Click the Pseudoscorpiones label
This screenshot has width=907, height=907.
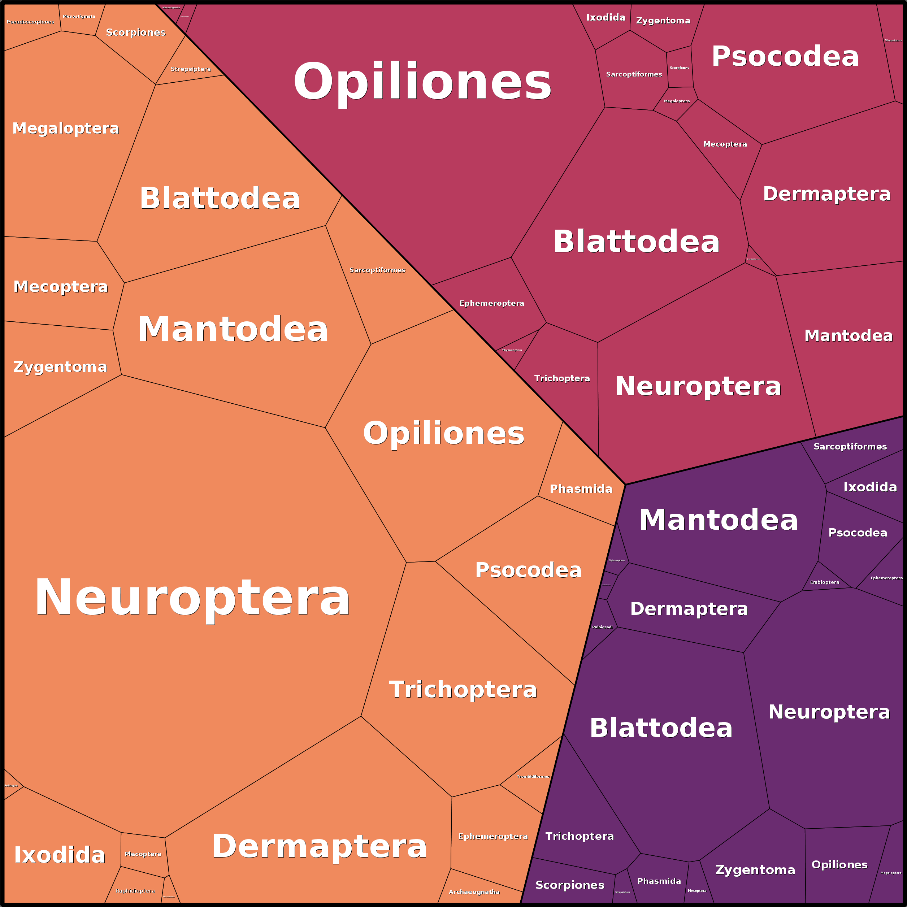[x=31, y=22]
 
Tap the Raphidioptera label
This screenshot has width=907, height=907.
[x=135, y=890]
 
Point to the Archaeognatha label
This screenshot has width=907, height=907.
[x=474, y=892]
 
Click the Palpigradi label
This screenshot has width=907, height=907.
[x=602, y=627]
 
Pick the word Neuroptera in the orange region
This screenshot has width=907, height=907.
[x=192, y=597]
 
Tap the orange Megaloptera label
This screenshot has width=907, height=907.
[x=66, y=128]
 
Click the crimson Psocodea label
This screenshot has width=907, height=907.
[x=785, y=56]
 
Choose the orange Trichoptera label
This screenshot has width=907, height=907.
[x=463, y=690]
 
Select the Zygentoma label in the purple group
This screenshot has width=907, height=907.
[x=755, y=870]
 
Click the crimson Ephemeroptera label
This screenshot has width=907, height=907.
[x=491, y=303]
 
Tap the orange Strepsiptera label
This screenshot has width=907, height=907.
[x=191, y=69]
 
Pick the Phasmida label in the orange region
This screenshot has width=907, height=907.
[x=581, y=489]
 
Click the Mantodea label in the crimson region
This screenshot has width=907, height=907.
[x=848, y=336]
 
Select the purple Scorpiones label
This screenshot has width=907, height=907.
[x=569, y=885]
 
